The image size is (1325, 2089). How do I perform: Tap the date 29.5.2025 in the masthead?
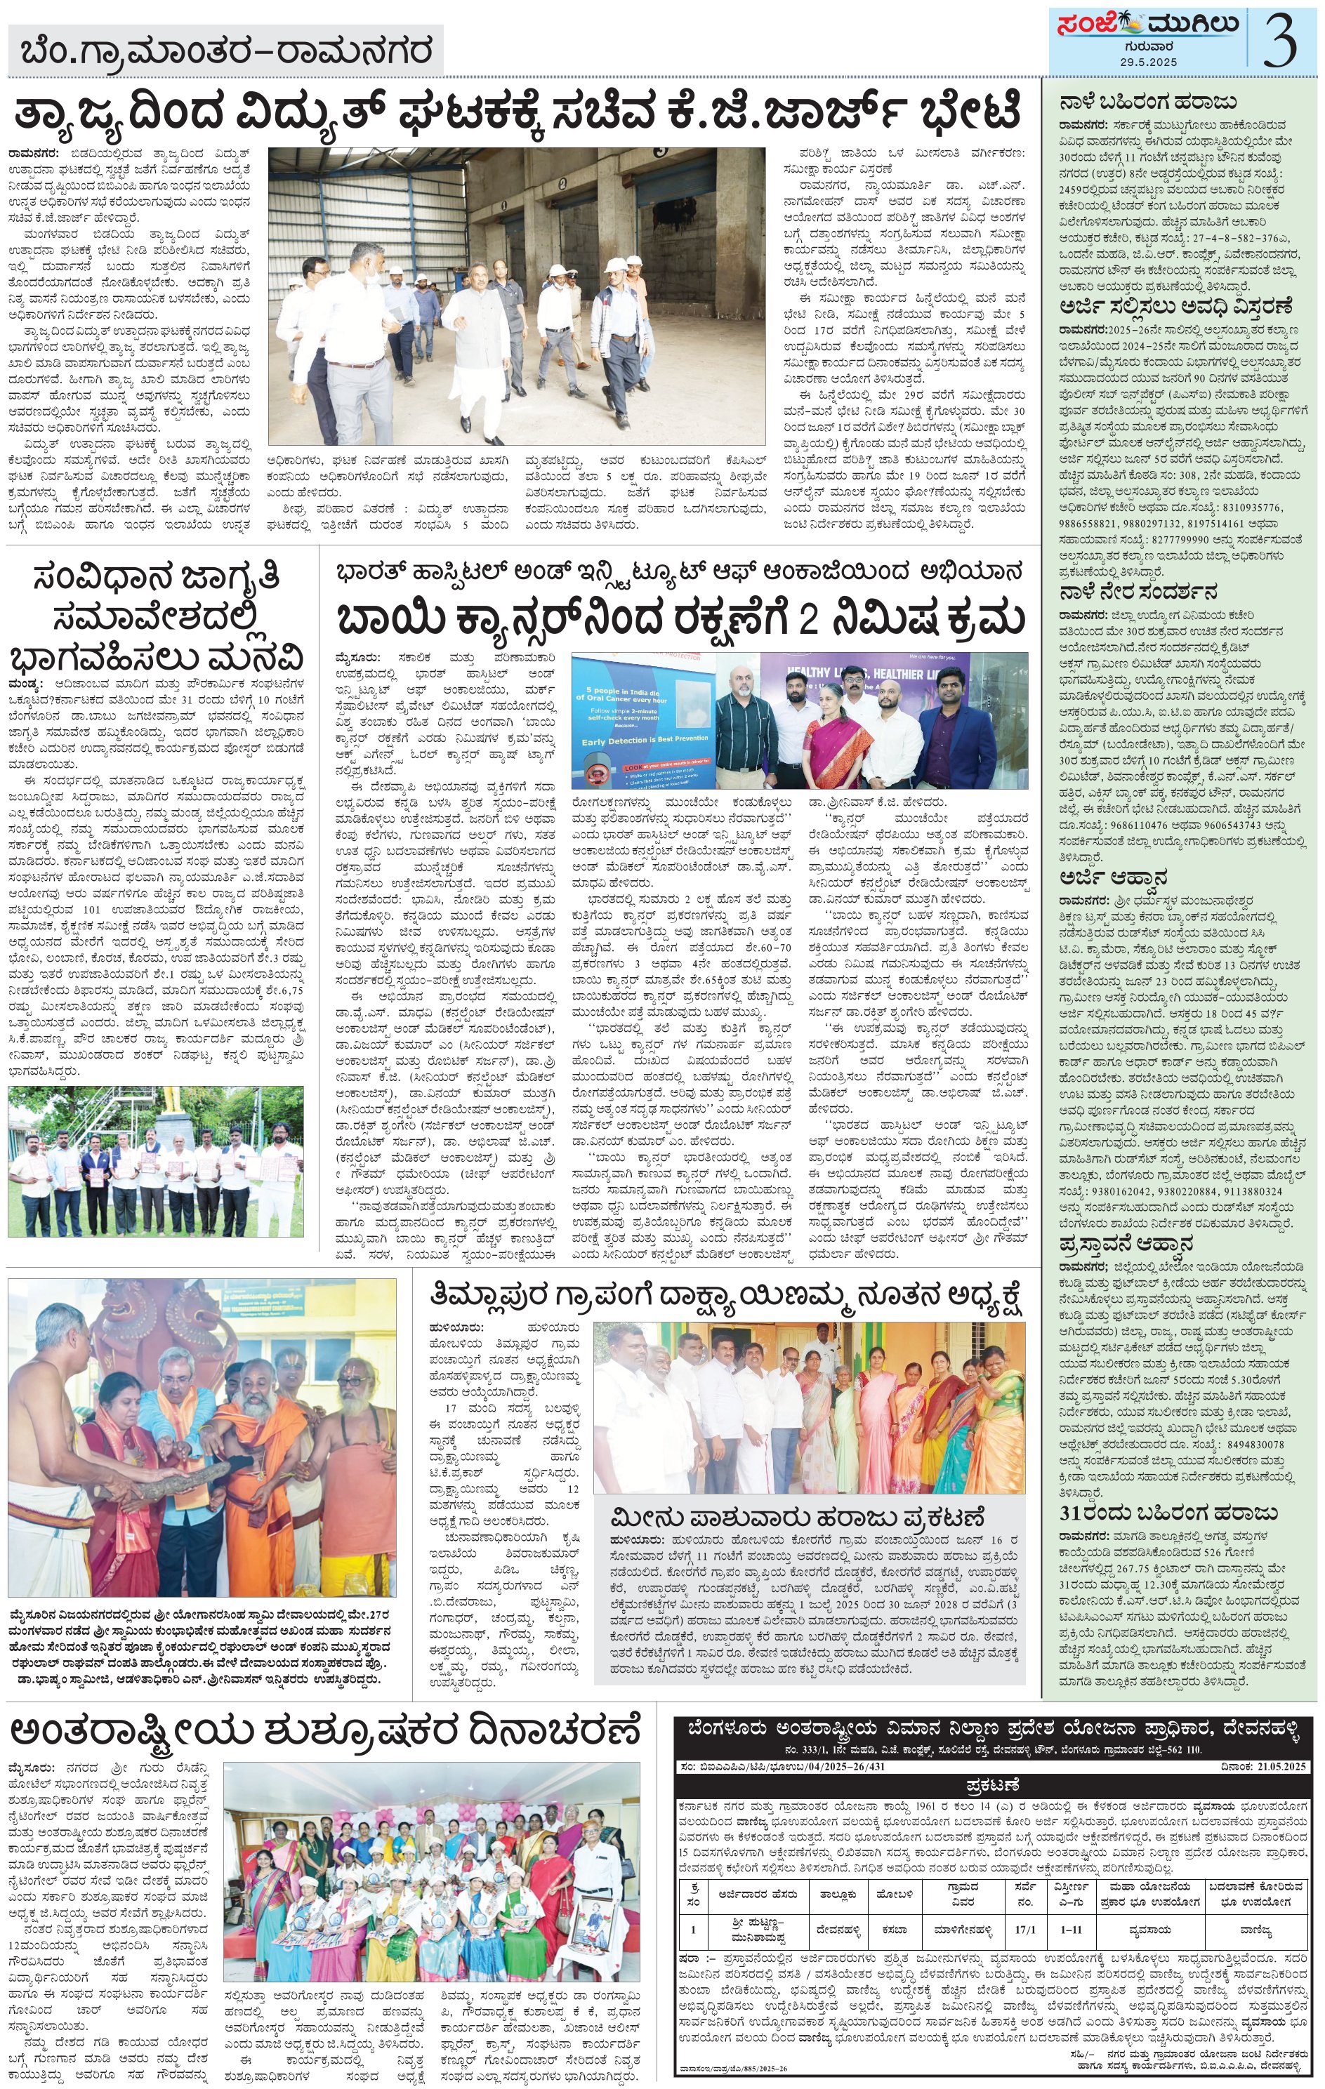point(1148,63)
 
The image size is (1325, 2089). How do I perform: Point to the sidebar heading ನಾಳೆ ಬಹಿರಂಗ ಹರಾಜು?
point(1147,102)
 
